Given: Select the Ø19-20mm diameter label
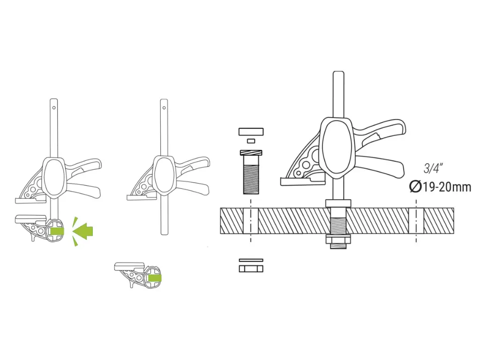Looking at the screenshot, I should [440, 187].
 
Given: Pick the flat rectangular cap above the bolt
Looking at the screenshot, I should [251, 131].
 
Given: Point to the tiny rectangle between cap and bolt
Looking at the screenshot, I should [251, 140].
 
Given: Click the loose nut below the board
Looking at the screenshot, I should [251, 269].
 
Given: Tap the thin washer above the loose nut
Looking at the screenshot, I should [251, 260].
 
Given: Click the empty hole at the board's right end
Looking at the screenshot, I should [416, 221].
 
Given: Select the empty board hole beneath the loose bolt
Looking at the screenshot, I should [251, 221].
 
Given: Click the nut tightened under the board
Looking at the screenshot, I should [337, 240].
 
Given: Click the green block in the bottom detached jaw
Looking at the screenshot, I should [153, 278].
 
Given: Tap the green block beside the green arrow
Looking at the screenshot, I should [57, 231].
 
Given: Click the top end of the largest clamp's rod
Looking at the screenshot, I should [338, 74].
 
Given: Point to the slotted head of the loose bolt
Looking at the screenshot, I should [251, 153].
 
